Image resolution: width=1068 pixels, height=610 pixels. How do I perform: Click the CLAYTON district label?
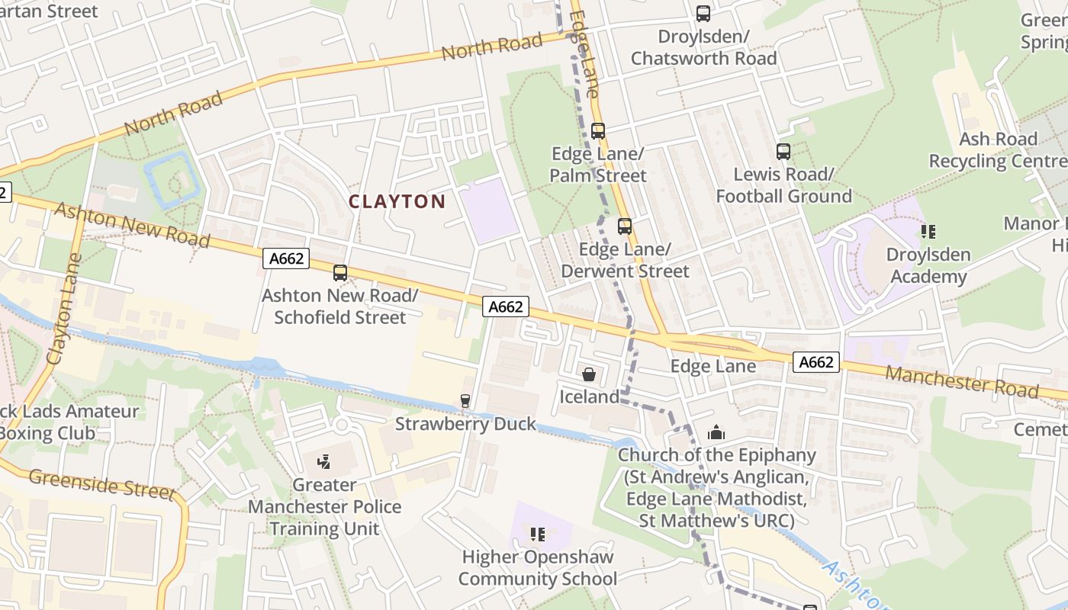(397, 201)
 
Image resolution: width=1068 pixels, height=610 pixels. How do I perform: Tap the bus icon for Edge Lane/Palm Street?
(598, 131)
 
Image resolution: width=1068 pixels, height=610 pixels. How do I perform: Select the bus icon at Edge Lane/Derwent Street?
(625, 226)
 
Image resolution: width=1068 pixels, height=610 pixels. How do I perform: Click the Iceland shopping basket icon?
(589, 374)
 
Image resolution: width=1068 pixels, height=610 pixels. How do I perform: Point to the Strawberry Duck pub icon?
(465, 401)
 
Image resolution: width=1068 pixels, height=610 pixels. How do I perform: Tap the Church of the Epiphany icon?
(716, 433)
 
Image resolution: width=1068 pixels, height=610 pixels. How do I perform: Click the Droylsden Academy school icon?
(928, 231)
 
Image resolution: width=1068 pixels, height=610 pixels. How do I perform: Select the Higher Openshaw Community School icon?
(538, 535)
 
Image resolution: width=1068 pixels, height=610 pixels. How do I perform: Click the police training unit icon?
(324, 461)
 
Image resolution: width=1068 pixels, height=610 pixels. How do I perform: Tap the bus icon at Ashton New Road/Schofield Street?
(340, 273)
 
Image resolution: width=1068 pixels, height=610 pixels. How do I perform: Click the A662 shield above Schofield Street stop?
(287, 258)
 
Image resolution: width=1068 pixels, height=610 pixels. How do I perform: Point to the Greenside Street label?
(102, 484)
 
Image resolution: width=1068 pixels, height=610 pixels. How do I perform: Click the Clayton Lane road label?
(64, 308)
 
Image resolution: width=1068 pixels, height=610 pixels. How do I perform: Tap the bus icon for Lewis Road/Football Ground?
(783, 152)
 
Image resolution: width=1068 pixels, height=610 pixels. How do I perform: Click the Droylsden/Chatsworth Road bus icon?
(703, 14)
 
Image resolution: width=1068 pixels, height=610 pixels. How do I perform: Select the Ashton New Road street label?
(131, 224)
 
